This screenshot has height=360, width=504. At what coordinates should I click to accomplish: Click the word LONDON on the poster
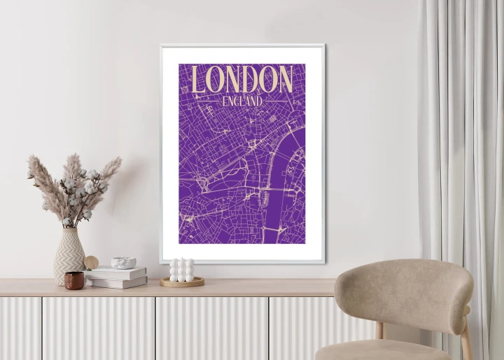coord(241,80)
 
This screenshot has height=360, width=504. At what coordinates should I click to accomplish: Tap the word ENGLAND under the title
coord(241,101)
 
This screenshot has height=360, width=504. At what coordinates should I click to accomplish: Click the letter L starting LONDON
coord(199,80)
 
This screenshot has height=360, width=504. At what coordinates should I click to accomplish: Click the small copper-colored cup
coord(74,280)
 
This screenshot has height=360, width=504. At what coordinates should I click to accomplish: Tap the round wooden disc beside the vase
coord(91,263)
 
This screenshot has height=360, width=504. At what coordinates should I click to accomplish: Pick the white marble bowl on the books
coord(123,263)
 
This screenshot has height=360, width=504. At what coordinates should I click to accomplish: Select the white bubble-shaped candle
coord(182,270)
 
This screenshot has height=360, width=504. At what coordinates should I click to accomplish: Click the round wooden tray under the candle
coord(182,282)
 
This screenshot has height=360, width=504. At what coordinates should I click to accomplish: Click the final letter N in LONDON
coord(283,80)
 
